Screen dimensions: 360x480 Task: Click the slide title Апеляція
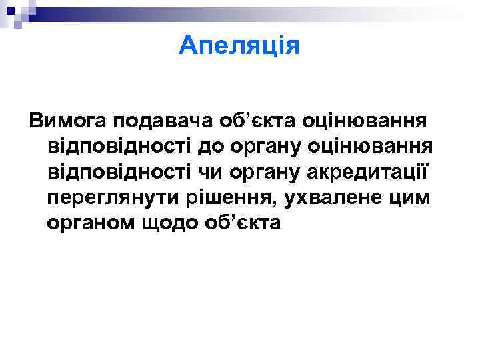240,46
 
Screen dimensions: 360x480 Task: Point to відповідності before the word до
116,147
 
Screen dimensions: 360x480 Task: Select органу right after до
262,147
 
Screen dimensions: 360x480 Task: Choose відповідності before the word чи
116,172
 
